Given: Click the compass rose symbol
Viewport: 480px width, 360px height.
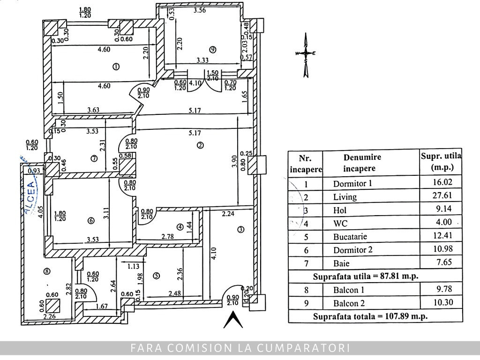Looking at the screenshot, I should click(x=306, y=54).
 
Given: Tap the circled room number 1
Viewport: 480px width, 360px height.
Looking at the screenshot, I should click(x=116, y=67).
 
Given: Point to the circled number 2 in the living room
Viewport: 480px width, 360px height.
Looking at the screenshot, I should click(x=200, y=145).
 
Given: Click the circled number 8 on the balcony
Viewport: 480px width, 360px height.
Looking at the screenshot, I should click(x=46, y=270).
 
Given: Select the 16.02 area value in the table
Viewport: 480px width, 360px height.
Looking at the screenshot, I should click(x=443, y=182).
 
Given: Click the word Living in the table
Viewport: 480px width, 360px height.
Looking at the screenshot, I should click(x=345, y=197).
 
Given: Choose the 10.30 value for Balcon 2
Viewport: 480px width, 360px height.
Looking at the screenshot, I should click(x=443, y=303).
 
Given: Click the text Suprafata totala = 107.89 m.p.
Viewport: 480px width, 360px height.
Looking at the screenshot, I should click(x=370, y=316).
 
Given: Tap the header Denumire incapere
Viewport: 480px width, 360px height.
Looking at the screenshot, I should click(x=362, y=163).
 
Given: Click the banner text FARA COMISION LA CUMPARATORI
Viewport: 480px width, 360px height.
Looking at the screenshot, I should click(x=240, y=348).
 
